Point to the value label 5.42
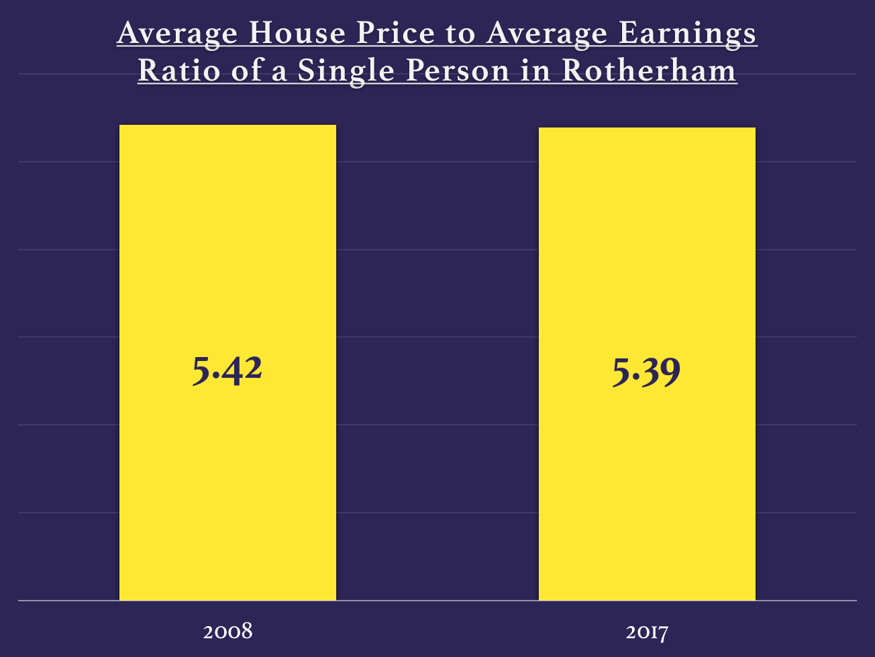227,370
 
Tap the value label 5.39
646,372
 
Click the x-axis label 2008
227,631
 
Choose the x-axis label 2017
647,632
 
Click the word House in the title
291,34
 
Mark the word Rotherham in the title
649,70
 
